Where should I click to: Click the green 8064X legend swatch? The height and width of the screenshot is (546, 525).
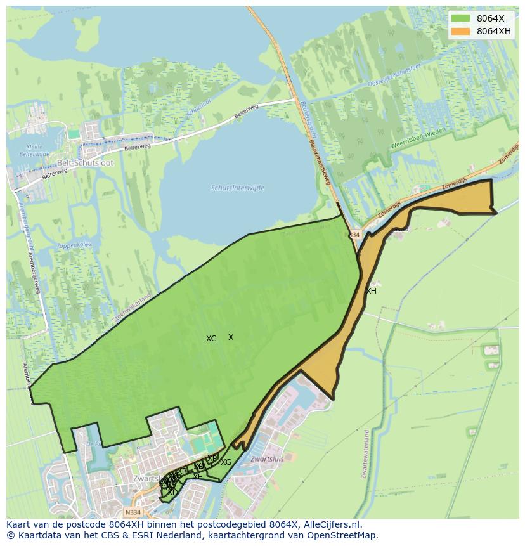(x=460, y=19)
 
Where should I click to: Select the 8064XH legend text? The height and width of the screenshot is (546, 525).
(x=494, y=31)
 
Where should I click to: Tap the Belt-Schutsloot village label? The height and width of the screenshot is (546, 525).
(x=85, y=162)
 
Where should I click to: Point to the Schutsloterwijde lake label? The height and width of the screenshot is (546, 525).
(x=238, y=188)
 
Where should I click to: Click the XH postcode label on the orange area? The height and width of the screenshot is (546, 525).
(x=371, y=291)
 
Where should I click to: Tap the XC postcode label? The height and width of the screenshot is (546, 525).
(x=211, y=339)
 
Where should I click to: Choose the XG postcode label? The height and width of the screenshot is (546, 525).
(x=226, y=462)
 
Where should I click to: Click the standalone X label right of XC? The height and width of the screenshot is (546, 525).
(x=231, y=337)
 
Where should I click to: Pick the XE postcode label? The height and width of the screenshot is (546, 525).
(x=198, y=476)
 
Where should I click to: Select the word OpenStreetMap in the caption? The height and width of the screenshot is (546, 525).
(x=342, y=535)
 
